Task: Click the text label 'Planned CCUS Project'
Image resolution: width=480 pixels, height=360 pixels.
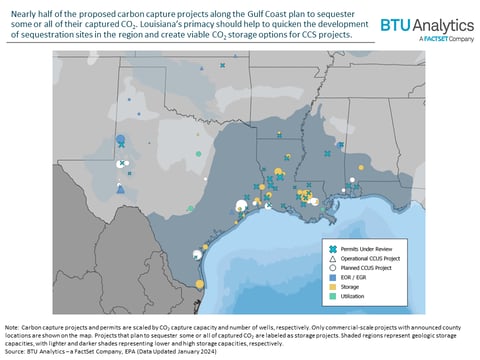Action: coord(370,268)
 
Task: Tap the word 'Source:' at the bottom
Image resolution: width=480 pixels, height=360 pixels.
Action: coord(18,352)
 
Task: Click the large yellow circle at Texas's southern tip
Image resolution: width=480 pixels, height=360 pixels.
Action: coord(198,285)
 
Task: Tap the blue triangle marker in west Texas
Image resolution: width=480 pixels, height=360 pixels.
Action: coord(121,188)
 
